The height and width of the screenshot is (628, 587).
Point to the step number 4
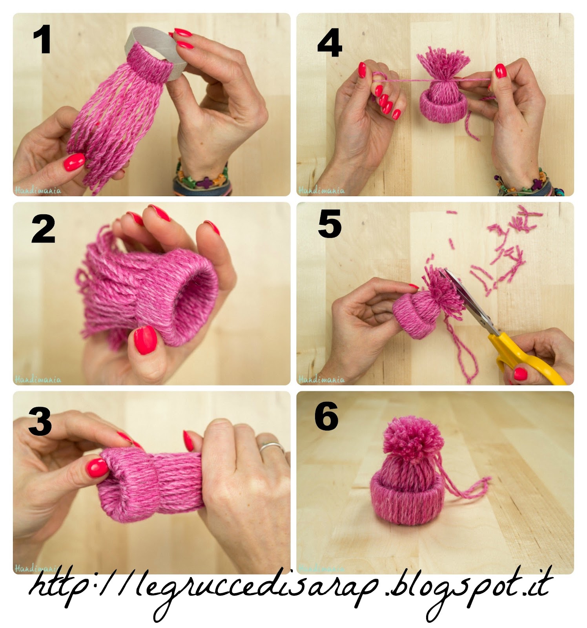(x=330, y=44)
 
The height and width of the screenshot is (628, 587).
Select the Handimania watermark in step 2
(x=38, y=379)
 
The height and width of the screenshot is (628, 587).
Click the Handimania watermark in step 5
(x=322, y=379)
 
